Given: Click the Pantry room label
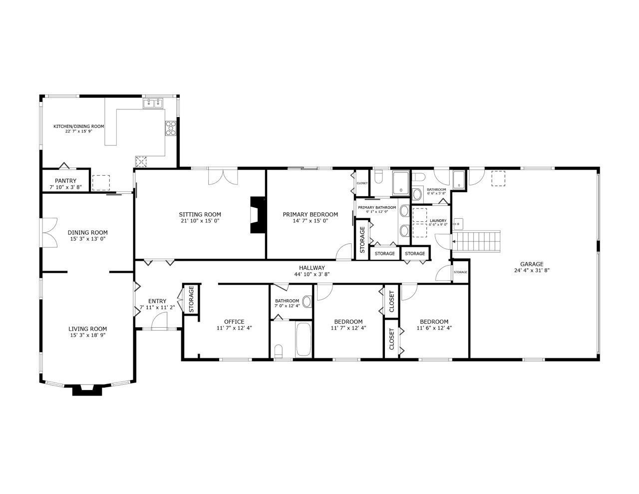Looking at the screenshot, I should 65,181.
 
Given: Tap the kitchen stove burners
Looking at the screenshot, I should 171,128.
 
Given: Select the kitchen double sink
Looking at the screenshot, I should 153,103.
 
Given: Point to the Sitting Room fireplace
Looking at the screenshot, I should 258,215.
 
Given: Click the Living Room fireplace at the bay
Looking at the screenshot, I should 83,390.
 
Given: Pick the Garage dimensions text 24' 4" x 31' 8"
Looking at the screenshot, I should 532,271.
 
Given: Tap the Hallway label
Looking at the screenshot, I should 312,268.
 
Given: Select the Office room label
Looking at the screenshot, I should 234,322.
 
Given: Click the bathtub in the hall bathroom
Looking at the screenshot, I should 303,340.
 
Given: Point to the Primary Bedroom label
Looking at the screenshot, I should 310,215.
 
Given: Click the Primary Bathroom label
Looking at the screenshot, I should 377,207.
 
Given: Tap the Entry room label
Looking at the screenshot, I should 157,301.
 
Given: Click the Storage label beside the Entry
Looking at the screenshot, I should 191,299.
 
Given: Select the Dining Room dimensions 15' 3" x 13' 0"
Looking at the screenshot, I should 88,239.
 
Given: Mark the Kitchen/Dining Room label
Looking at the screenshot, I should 79,126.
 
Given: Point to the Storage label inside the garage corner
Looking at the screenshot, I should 460,272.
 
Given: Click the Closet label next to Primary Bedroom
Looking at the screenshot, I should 362,183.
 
